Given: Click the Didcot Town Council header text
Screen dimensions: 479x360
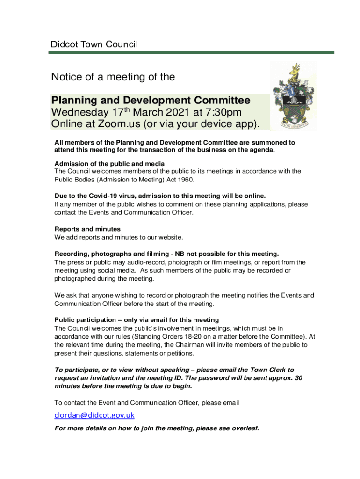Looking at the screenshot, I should click(x=94, y=45).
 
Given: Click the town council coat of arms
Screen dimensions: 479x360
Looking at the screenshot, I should click(x=294, y=96).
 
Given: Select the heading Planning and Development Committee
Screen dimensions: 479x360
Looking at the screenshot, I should click(x=151, y=101).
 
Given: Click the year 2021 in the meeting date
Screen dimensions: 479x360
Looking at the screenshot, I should click(x=181, y=113).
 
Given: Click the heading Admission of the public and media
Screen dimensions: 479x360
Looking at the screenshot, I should click(x=109, y=164).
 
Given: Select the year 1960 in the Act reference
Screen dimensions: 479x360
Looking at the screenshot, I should click(x=183, y=180).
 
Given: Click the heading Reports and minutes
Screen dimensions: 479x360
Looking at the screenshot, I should click(x=87, y=229).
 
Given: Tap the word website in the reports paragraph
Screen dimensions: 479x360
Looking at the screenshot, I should click(x=169, y=237).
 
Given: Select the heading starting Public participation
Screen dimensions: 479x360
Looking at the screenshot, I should click(x=137, y=320).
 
